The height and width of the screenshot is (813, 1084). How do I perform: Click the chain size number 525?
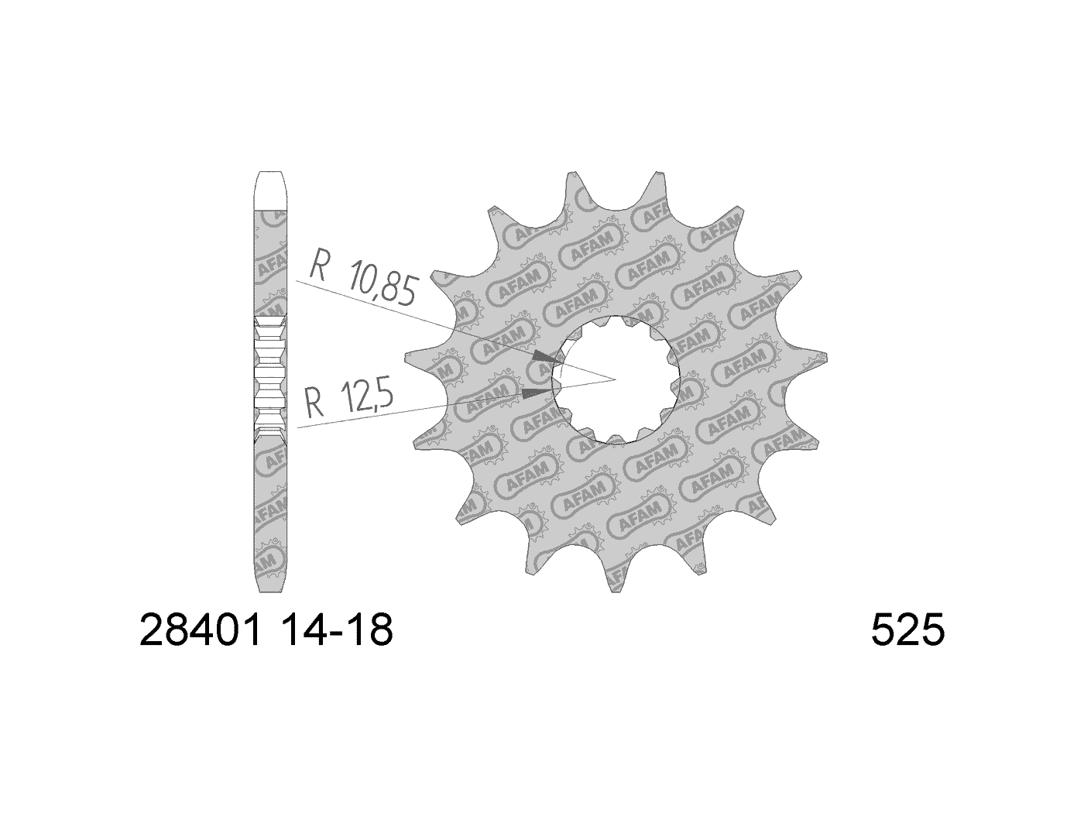(x=907, y=631)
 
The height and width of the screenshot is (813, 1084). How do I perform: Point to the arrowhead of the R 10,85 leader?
(x=547, y=358)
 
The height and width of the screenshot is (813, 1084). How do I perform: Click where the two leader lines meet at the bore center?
(x=615, y=379)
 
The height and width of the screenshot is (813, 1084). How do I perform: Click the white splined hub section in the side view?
(x=270, y=379)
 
